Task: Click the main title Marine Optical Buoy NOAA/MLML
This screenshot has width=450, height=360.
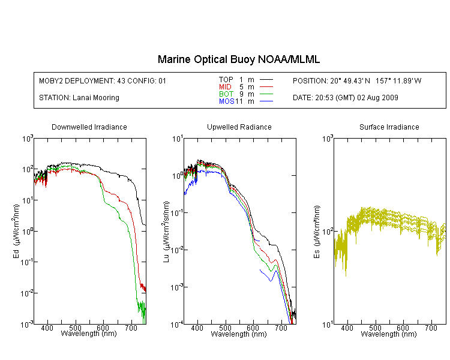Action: pyautogui.click(x=238, y=59)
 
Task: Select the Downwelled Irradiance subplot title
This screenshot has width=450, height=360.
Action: pyautogui.click(x=89, y=127)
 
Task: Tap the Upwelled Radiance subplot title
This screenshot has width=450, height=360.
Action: pyautogui.click(x=239, y=127)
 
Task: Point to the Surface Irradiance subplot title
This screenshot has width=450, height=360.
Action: pyautogui.click(x=389, y=127)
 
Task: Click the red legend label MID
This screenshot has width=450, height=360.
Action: pyautogui.click(x=225, y=86)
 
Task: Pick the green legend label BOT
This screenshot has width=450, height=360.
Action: pyautogui.click(x=226, y=94)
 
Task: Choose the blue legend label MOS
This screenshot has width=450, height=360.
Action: pyautogui.click(x=227, y=101)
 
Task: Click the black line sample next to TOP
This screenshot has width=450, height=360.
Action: pyautogui.click(x=266, y=80)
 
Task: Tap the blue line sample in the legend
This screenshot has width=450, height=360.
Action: pyautogui.click(x=266, y=101)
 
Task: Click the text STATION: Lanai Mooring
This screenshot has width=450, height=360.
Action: pyautogui.click(x=79, y=98)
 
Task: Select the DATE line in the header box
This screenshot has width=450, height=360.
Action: pyautogui.click(x=346, y=98)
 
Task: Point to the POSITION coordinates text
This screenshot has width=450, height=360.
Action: pyautogui.click(x=357, y=80)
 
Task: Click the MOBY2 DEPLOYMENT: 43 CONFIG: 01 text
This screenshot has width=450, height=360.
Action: pyautogui.click(x=103, y=80)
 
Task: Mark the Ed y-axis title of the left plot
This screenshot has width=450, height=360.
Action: pyautogui.click(x=16, y=231)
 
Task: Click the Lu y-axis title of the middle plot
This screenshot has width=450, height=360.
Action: pyautogui.click(x=166, y=232)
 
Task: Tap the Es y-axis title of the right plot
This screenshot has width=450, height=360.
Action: pyautogui.click(x=317, y=232)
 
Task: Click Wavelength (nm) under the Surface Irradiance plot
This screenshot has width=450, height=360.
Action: pyautogui.click(x=389, y=334)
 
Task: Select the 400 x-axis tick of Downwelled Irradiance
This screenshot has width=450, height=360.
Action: pyautogui.click(x=47, y=328)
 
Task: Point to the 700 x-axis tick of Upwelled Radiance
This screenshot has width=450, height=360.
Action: pyautogui.click(x=281, y=328)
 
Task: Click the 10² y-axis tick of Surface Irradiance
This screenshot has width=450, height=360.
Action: pyautogui.click(x=328, y=231)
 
